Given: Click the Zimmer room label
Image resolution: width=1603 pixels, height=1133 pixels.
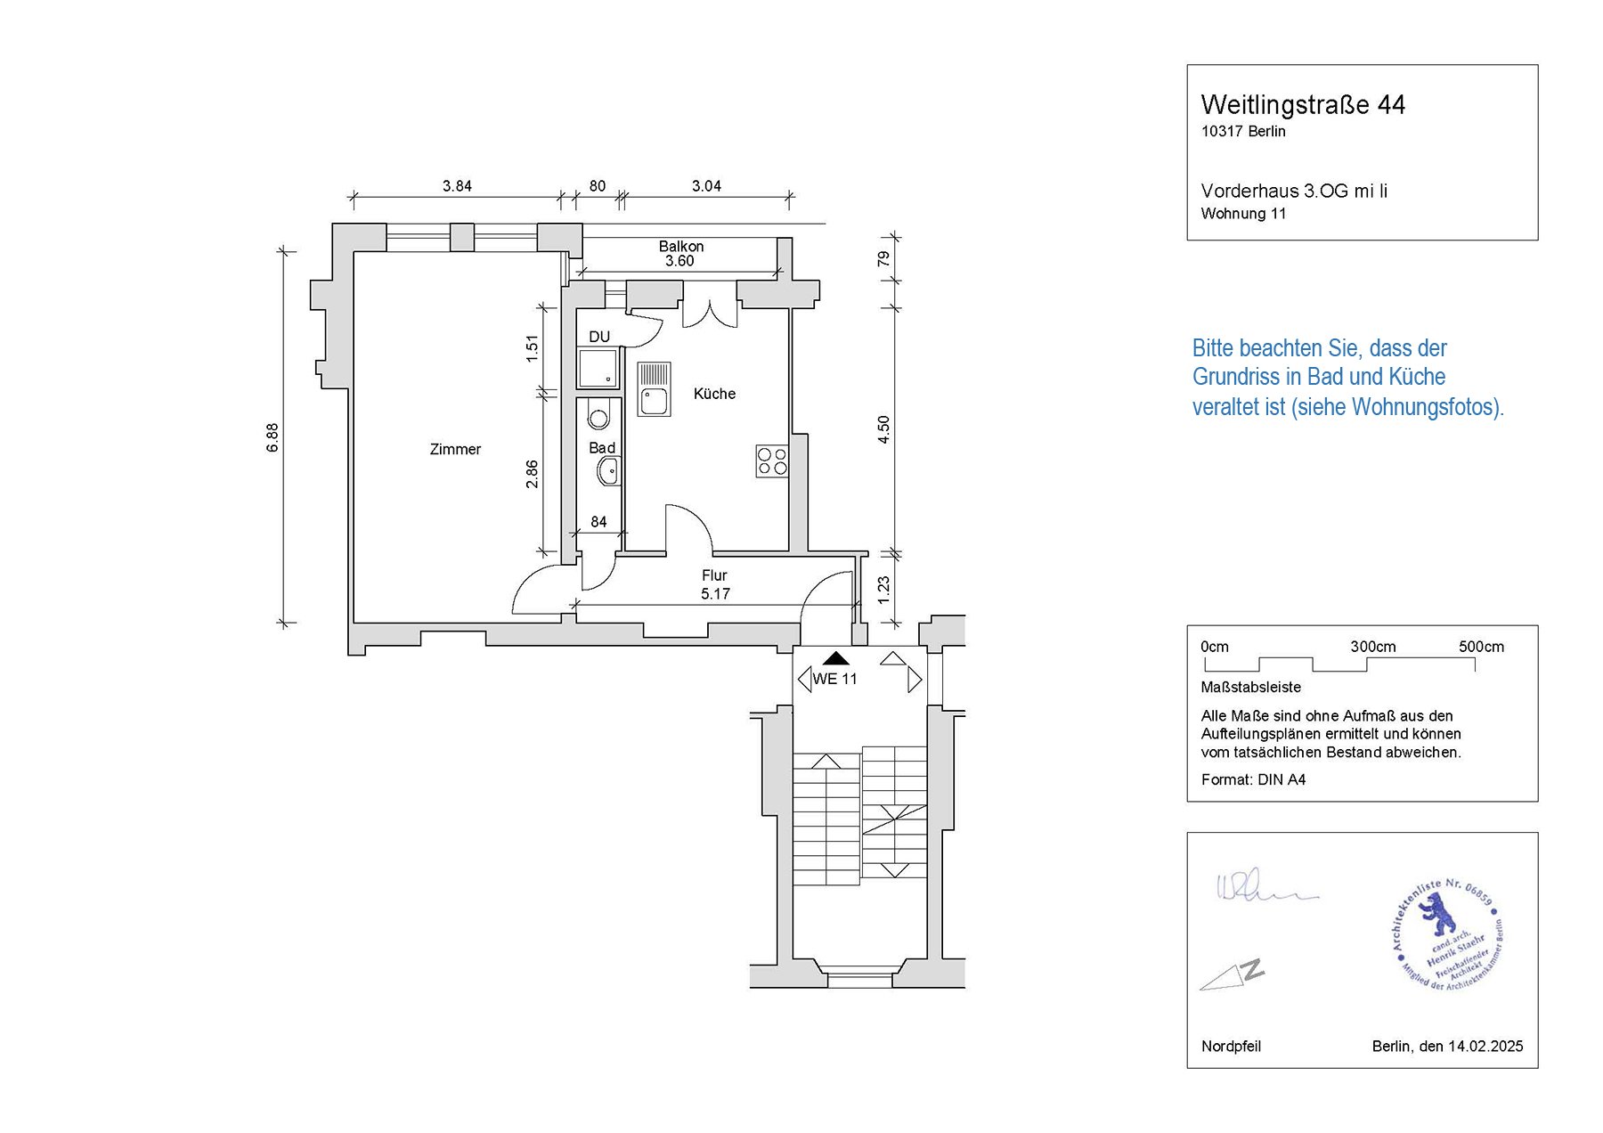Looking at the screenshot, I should pyautogui.click(x=455, y=450).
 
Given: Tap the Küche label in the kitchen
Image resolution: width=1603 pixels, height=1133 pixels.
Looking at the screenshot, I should pyautogui.click(x=714, y=394).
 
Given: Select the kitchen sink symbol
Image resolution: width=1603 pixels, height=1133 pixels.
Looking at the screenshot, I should pyautogui.click(x=655, y=389).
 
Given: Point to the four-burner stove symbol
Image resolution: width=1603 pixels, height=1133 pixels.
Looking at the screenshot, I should pyautogui.click(x=772, y=461).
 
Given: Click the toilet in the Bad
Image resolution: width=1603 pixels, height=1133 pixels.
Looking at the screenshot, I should pyautogui.click(x=598, y=418).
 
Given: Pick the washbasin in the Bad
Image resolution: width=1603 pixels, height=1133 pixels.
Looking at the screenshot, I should pyautogui.click(x=609, y=471).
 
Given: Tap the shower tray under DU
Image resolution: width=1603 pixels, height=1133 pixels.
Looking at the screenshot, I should pyautogui.click(x=598, y=368).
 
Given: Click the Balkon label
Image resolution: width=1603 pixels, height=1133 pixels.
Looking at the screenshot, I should pyautogui.click(x=681, y=247).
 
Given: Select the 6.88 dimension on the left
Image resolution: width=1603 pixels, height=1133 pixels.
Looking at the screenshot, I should pyautogui.click(x=273, y=437).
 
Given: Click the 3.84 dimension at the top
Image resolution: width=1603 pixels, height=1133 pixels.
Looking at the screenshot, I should pyautogui.click(x=457, y=186).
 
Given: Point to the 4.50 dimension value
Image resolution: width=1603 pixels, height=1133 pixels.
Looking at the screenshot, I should pyautogui.click(x=883, y=429).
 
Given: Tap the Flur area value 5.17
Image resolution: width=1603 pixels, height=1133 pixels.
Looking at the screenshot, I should pyautogui.click(x=715, y=594).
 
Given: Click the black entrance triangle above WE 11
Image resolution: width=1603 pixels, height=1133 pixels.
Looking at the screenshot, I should pyautogui.click(x=835, y=659).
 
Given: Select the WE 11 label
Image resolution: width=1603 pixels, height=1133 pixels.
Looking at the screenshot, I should pyautogui.click(x=834, y=679).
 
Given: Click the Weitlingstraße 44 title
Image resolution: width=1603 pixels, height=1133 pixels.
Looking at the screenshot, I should pyautogui.click(x=1303, y=105).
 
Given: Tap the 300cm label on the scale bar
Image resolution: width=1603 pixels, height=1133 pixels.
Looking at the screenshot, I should pyautogui.click(x=1372, y=647).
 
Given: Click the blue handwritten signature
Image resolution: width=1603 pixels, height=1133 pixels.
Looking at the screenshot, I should pyautogui.click(x=1265, y=888).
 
